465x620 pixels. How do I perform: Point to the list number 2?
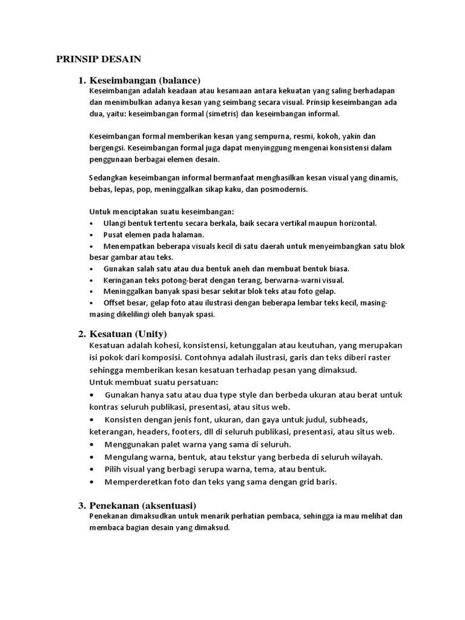pyautogui.click(x=82, y=334)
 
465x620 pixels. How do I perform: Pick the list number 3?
pyautogui.click(x=82, y=505)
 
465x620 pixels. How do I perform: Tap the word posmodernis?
pyautogui.click(x=285, y=189)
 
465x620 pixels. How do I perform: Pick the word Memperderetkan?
pyautogui.click(x=133, y=482)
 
